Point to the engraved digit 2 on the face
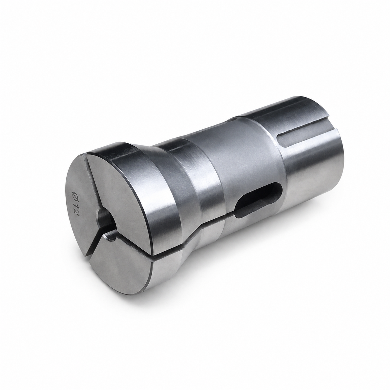click(76, 211)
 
